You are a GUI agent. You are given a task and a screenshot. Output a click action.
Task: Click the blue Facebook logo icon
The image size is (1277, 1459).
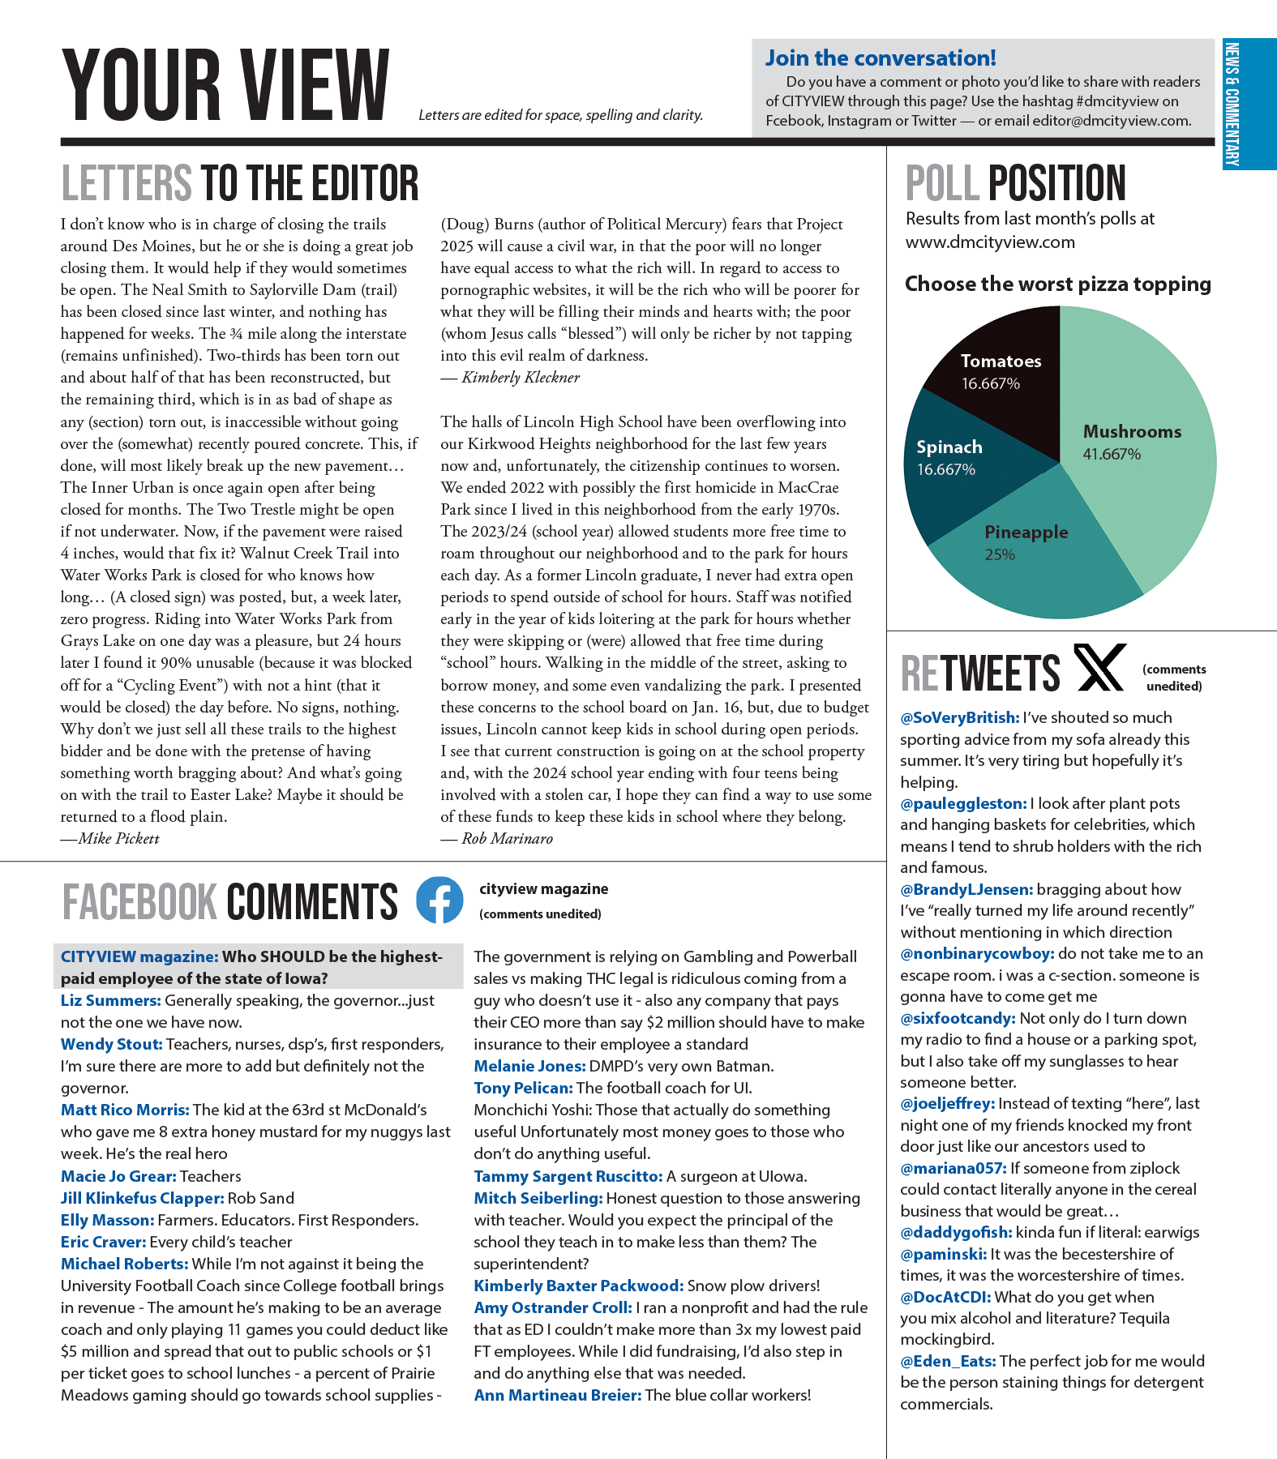(x=439, y=900)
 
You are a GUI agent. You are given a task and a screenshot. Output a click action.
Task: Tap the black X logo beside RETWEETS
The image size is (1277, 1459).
(x=1099, y=668)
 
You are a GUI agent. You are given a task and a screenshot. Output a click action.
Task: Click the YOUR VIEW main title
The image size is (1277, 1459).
(x=225, y=85)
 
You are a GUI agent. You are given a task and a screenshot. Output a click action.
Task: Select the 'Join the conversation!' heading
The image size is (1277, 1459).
(x=881, y=58)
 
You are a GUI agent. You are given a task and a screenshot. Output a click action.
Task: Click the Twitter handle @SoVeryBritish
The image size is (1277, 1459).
(x=959, y=717)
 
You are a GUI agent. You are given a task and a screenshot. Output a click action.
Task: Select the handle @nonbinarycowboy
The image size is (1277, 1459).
(x=977, y=953)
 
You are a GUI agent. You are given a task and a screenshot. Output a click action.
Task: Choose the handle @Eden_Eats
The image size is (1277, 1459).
(x=949, y=1361)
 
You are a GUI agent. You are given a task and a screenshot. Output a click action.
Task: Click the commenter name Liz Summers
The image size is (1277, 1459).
(x=110, y=1001)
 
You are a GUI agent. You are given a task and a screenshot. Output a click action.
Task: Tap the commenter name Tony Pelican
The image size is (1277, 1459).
(x=523, y=1088)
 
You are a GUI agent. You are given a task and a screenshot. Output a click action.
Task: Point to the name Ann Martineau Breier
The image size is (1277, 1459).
(x=558, y=1395)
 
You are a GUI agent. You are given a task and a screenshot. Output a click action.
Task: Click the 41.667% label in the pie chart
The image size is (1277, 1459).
(x=1112, y=454)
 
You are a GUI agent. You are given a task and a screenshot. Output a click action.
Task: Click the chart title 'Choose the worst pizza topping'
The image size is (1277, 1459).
(x=1058, y=284)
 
